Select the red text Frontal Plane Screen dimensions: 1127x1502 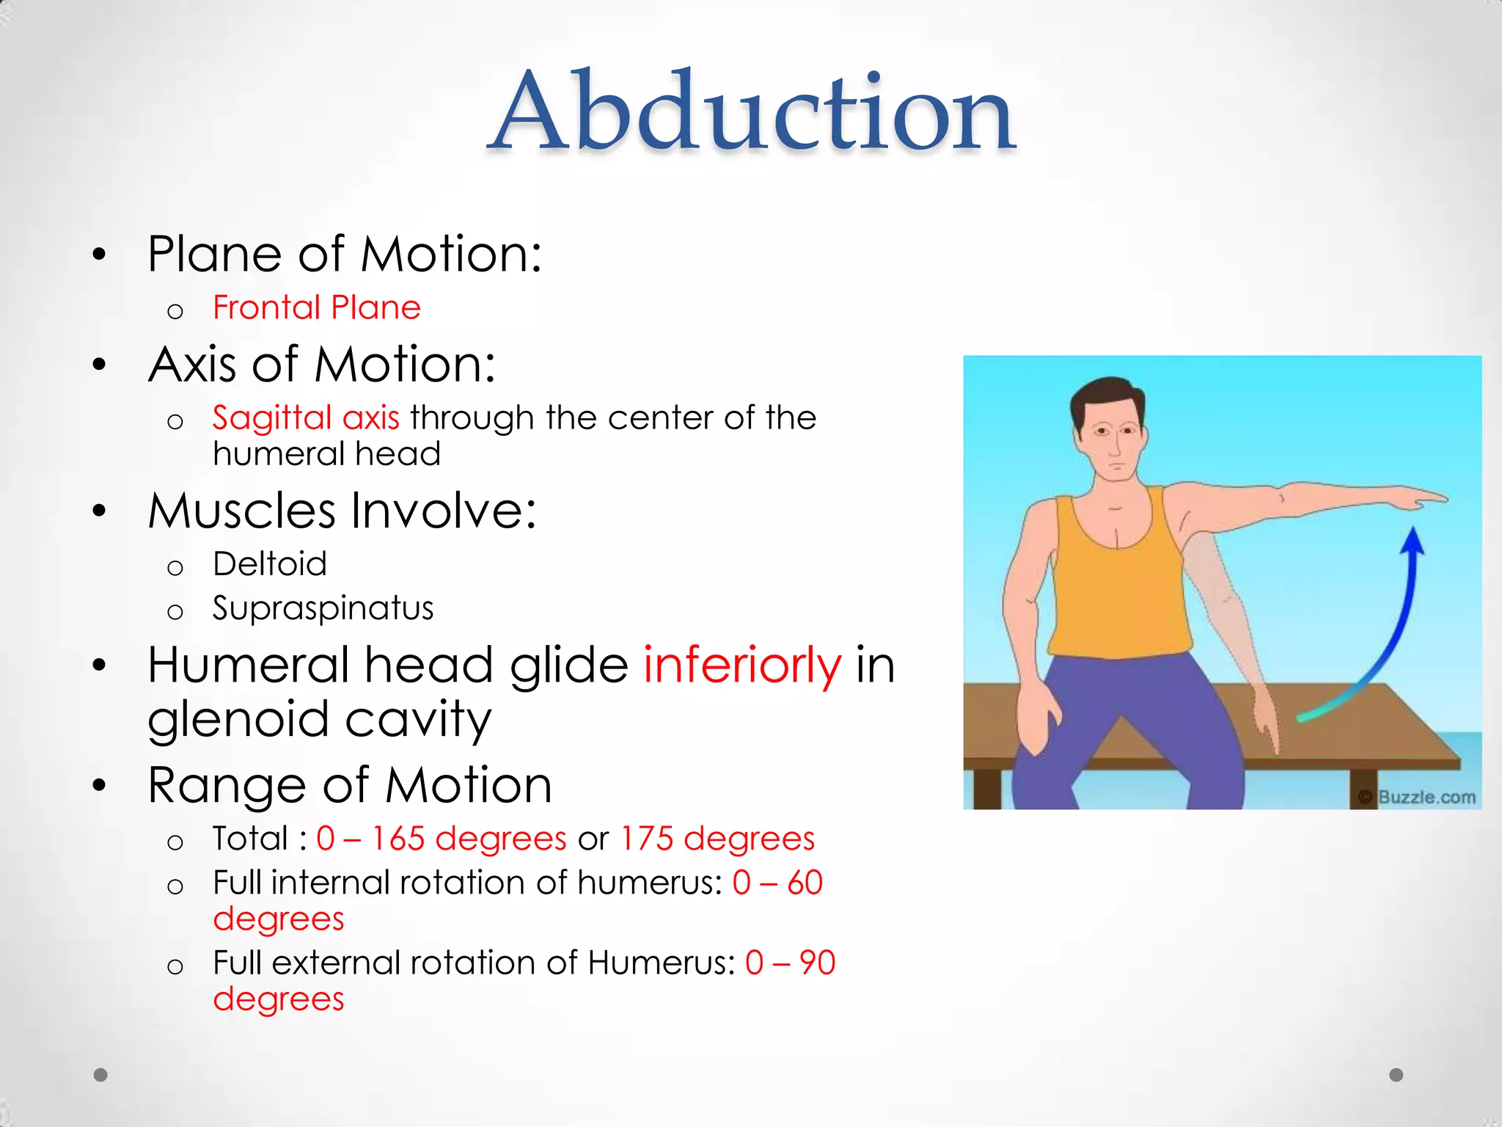tap(317, 307)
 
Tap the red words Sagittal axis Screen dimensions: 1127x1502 tap(306, 417)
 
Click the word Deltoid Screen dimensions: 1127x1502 tap(270, 564)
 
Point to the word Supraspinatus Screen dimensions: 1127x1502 tap(323, 608)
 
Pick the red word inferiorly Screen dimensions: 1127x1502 tap(742, 665)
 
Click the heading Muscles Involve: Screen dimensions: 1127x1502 tap(342, 511)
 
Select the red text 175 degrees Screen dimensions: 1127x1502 tap(717, 839)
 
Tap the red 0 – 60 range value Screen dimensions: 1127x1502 tap(777, 883)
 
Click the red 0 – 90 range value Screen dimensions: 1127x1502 tap(790, 963)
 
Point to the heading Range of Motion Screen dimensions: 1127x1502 tap(350, 785)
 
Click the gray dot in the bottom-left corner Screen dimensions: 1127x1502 tap(101, 1075)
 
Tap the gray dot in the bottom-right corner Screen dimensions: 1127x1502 tap(1396, 1075)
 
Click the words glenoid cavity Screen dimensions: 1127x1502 tap(319, 719)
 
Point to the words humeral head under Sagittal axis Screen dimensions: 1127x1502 tap(327, 454)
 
